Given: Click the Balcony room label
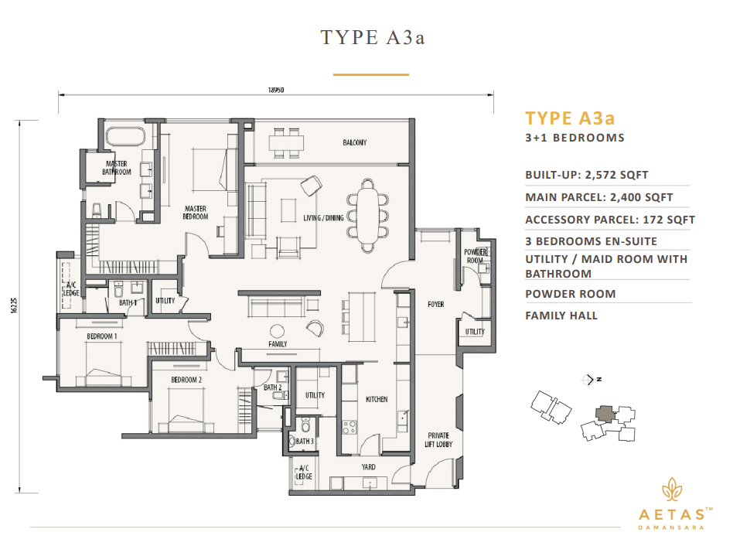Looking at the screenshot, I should [354, 142].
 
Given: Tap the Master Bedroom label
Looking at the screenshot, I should [196, 212].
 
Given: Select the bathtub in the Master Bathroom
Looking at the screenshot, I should [124, 137].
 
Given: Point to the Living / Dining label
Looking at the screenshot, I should [323, 217].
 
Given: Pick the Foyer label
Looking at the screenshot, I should [435, 304].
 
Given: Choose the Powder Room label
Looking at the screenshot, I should [474, 256].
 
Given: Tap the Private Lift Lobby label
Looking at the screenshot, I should [438, 442].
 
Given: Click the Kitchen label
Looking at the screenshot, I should [377, 399].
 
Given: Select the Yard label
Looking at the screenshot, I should [369, 467].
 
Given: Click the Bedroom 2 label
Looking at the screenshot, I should [186, 380].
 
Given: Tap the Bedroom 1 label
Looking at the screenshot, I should [101, 336].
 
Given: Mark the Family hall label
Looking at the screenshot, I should [278, 343].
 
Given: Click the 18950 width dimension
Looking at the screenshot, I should [276, 90].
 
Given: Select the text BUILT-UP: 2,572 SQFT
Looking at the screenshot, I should [586, 175].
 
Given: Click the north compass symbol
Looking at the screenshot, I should [592, 380].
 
